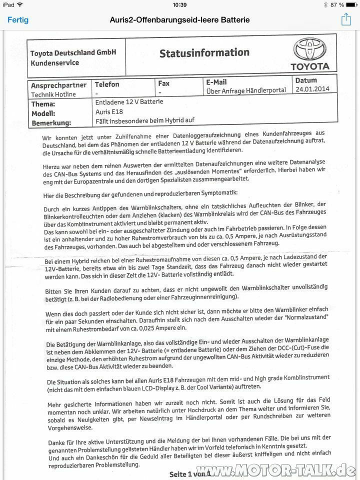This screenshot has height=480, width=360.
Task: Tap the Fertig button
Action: coord(17,20)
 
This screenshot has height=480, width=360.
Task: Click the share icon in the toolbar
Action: coord(345,19)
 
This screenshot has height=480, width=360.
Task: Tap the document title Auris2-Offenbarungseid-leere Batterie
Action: coord(179,20)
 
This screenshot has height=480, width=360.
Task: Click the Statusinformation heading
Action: coord(204,52)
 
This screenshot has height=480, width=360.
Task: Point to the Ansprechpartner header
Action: coord(58,85)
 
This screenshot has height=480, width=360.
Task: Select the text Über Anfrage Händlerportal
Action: coord(245,90)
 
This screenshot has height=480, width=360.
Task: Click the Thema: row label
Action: coord(43,104)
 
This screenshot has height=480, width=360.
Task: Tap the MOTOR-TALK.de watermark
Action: coord(290,470)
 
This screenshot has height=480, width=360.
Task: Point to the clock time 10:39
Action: coord(179,5)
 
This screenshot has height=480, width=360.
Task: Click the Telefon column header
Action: coord(107,84)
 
